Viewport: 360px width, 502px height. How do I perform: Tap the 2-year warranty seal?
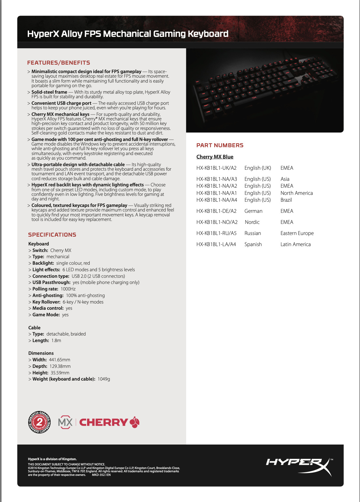(39, 422)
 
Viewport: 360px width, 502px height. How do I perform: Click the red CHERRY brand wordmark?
(104, 422)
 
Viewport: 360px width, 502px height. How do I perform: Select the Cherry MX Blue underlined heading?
(215, 157)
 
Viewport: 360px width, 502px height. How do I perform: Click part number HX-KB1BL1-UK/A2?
(217, 168)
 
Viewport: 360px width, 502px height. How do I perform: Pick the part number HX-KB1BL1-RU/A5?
(217, 233)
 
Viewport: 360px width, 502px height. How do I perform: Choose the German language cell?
(253, 211)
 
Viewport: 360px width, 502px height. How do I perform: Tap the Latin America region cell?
(295, 244)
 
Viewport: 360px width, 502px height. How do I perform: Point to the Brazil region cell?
(286, 200)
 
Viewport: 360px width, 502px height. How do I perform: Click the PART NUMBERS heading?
(220, 146)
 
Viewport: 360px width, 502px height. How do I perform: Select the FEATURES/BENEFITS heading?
(59, 63)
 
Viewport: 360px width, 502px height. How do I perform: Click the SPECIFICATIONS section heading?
(52, 235)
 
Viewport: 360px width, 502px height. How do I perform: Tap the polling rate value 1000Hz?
(68, 289)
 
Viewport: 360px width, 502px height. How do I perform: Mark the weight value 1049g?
(104, 379)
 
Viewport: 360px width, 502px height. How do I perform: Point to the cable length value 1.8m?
(56, 341)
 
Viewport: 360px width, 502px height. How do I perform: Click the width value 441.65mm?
(60, 360)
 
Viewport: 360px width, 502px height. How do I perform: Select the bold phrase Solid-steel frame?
(49, 92)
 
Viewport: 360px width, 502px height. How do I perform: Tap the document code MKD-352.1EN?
(101, 475)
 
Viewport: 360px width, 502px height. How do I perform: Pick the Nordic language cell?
(252, 222)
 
